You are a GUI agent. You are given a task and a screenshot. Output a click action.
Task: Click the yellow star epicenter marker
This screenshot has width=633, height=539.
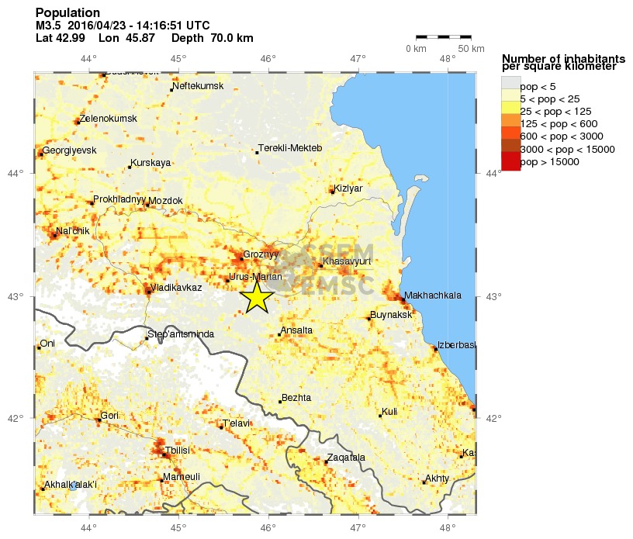[x=256, y=297]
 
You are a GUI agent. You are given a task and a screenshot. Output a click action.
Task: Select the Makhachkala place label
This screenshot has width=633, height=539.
[x=433, y=295]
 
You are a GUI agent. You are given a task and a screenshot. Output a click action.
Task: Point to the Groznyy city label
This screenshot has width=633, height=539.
[x=260, y=254]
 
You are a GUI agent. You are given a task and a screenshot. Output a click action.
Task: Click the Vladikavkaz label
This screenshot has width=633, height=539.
[x=176, y=288]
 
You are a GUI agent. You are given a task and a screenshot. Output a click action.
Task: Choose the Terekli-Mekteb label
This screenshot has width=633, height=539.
[x=289, y=148]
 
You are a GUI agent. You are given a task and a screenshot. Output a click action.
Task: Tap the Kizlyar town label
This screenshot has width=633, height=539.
[x=348, y=188]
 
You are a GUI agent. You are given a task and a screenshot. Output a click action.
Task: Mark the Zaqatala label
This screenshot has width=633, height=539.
[x=345, y=458]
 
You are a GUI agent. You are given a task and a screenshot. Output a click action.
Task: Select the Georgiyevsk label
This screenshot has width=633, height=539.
[x=69, y=150]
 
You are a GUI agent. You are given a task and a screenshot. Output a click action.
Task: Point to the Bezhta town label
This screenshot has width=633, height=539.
[x=296, y=398]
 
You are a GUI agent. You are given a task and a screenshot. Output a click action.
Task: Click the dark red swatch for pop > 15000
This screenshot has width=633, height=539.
[x=510, y=161]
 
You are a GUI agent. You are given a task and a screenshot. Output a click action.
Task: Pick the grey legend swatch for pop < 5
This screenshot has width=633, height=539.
[x=510, y=85]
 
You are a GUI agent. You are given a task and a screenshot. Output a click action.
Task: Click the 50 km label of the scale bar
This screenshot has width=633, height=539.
[x=471, y=50]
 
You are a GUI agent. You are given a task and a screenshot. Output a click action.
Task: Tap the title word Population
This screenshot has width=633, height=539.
[x=67, y=13]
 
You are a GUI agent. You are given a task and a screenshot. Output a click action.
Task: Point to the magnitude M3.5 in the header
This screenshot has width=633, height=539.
[x=48, y=26]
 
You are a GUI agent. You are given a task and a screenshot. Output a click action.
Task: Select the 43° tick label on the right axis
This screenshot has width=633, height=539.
[x=493, y=296]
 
